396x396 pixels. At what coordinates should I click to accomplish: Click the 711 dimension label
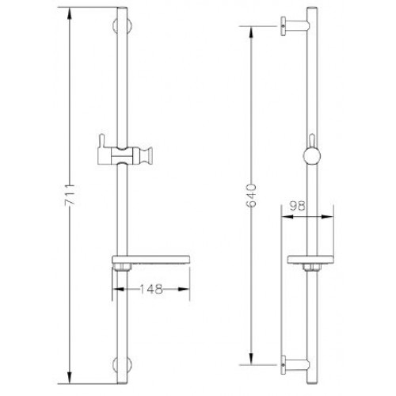pos(70,195)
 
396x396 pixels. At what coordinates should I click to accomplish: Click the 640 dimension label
pos(251,196)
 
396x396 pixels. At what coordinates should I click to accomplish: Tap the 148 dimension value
pos(150,289)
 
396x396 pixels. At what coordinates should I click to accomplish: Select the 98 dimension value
pos(298,206)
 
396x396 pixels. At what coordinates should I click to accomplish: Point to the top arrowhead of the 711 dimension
pos(70,13)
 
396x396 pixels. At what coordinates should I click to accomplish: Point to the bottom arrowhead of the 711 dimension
pos(70,378)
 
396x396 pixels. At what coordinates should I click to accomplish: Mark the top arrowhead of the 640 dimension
pos(251,32)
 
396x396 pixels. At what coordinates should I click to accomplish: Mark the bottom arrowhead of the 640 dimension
pos(251,359)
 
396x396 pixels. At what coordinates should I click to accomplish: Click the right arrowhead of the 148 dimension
pos(184,289)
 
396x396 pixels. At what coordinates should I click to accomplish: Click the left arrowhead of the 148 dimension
pos(118,289)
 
